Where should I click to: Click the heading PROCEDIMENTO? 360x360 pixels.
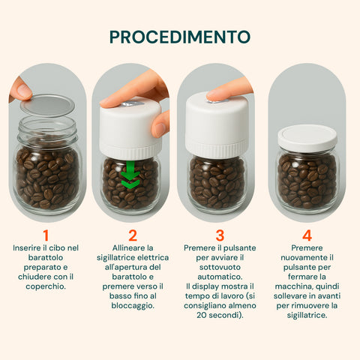click(180, 37)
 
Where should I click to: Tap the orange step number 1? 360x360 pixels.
click(46, 235)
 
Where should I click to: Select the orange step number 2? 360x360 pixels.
click(133, 235)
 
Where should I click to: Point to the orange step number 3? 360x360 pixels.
click(220, 235)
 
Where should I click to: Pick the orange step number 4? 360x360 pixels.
click(307, 235)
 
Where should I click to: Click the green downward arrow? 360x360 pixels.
click(130, 175)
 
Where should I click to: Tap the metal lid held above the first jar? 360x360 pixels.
click(47, 105)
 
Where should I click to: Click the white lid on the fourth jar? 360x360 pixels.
click(307, 136)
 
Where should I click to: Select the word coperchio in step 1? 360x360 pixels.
click(45, 286)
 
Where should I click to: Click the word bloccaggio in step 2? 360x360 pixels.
click(132, 306)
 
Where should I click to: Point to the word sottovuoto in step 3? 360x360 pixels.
click(220, 267)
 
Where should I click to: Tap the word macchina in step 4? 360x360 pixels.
click(293, 286)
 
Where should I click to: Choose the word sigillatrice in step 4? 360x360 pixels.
click(306, 315)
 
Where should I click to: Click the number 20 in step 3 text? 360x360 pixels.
click(201, 315)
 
